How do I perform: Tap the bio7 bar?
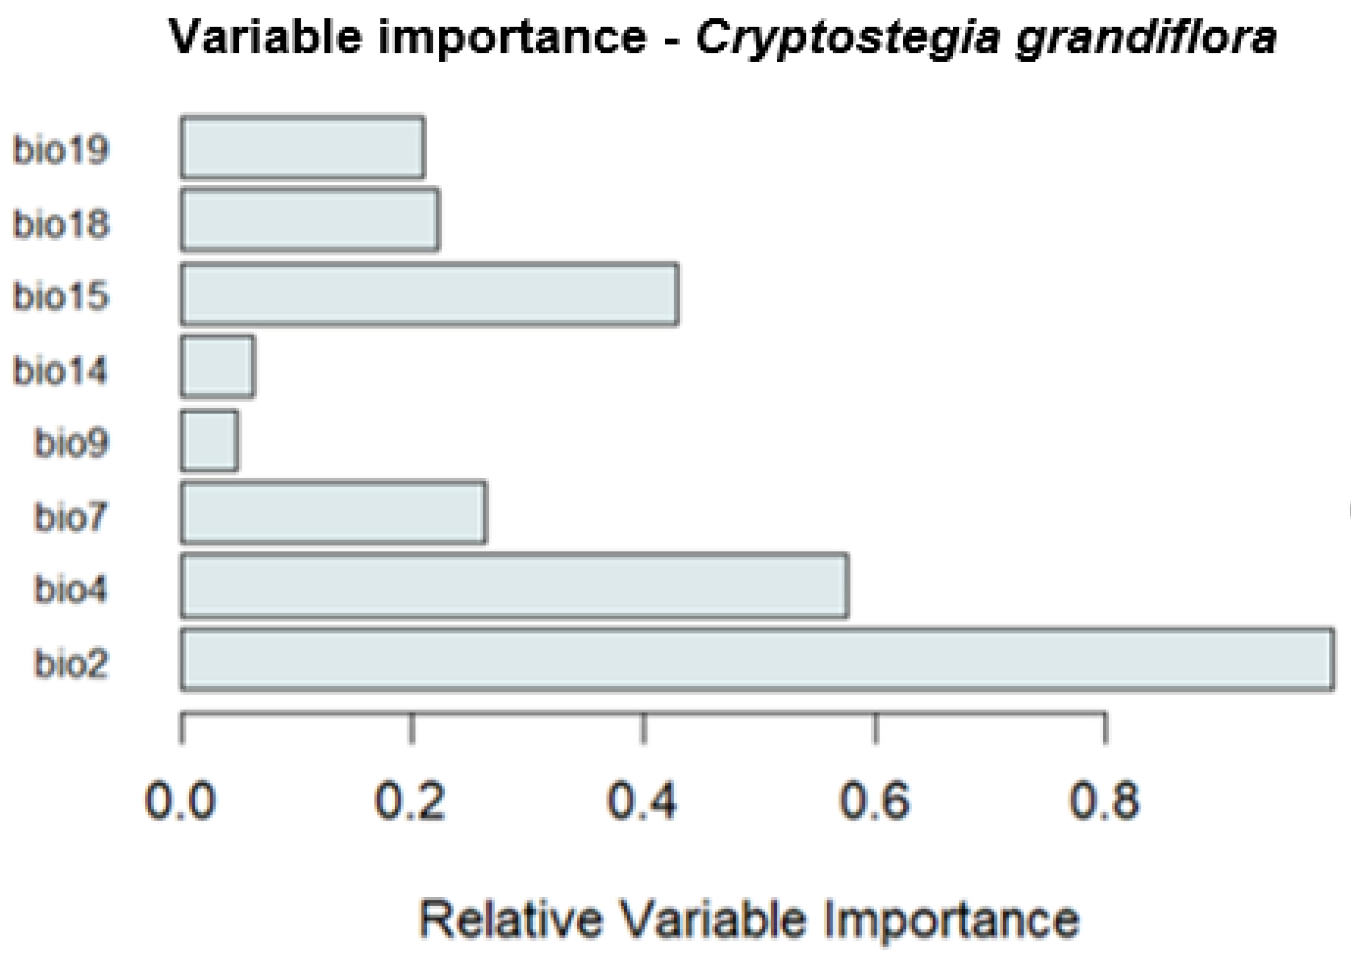click(333, 513)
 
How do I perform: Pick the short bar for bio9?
click(210, 441)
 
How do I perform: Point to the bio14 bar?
click(218, 367)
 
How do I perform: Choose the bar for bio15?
click(429, 295)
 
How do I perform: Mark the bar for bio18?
click(310, 220)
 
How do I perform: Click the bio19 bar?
click(302, 148)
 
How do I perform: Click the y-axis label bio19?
click(61, 149)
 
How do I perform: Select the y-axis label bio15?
click(61, 296)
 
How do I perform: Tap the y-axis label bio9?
click(71, 442)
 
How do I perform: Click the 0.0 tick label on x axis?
click(180, 801)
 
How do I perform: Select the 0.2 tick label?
click(410, 801)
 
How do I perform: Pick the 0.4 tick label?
click(642, 801)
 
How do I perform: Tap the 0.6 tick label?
click(874, 801)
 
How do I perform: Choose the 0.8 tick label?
click(1104, 801)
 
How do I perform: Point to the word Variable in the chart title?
click(265, 37)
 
